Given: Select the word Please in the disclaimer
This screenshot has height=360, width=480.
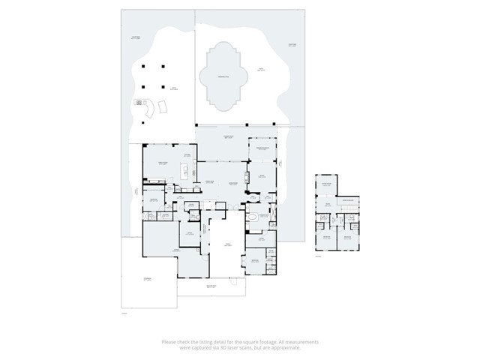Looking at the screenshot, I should (x=169, y=342).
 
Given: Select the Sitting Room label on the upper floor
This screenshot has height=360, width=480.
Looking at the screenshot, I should (x=327, y=184).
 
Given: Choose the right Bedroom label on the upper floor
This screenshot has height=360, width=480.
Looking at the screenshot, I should (x=348, y=238).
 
